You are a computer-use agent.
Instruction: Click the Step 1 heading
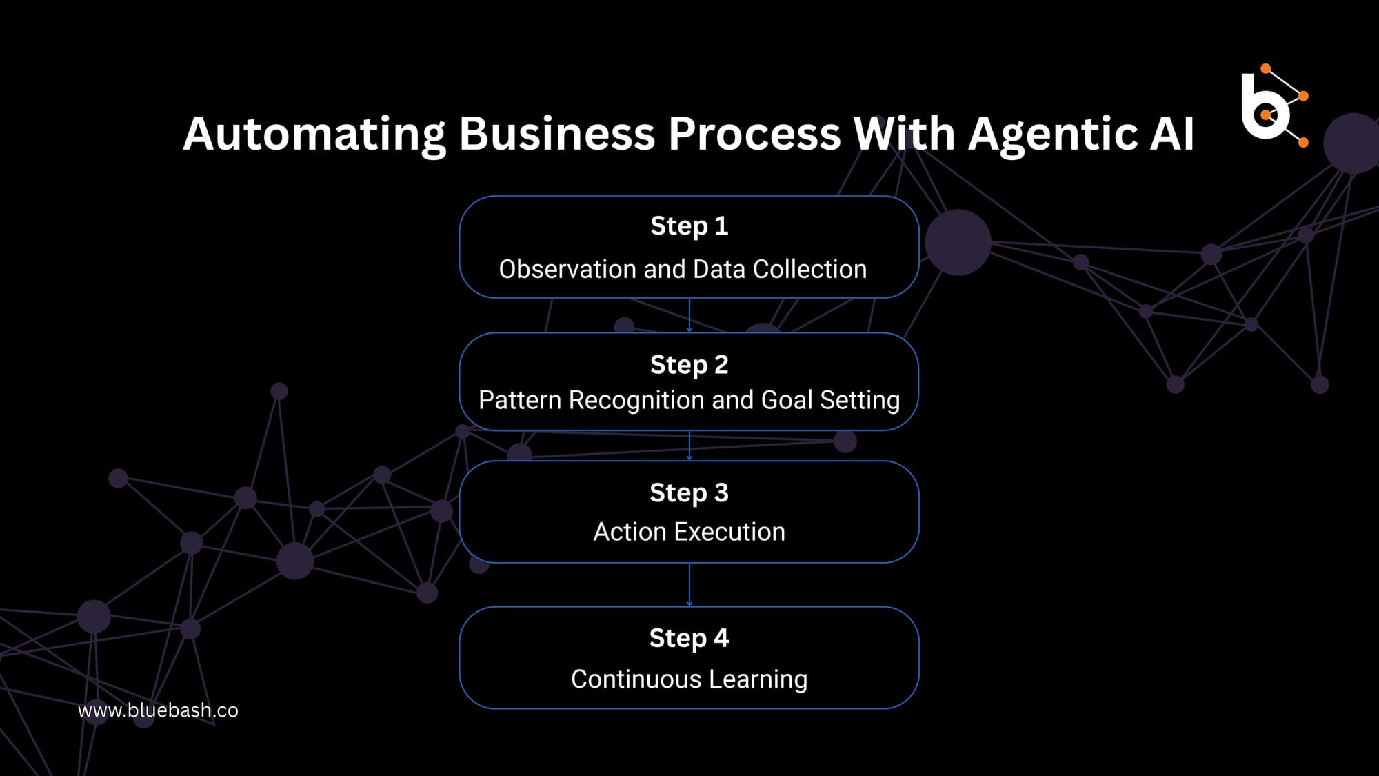tap(689, 226)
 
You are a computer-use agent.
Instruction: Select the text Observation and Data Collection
tap(683, 269)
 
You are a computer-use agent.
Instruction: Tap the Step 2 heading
tap(689, 364)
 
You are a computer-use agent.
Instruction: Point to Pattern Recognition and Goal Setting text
tap(689, 400)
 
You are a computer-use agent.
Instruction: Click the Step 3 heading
tap(689, 493)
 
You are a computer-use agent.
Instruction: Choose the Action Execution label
tap(689, 532)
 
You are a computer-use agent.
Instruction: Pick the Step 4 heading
tap(689, 638)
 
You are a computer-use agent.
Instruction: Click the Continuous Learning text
tap(689, 679)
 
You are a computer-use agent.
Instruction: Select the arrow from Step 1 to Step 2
tap(689, 315)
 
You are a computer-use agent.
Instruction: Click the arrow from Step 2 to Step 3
tap(689, 446)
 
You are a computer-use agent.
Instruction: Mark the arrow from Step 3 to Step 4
tap(689, 585)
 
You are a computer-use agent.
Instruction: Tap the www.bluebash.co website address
tap(158, 710)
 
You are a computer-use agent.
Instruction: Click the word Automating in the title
tap(314, 135)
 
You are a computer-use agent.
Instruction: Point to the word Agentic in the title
tap(1053, 135)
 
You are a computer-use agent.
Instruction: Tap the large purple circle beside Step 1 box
tap(958, 243)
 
